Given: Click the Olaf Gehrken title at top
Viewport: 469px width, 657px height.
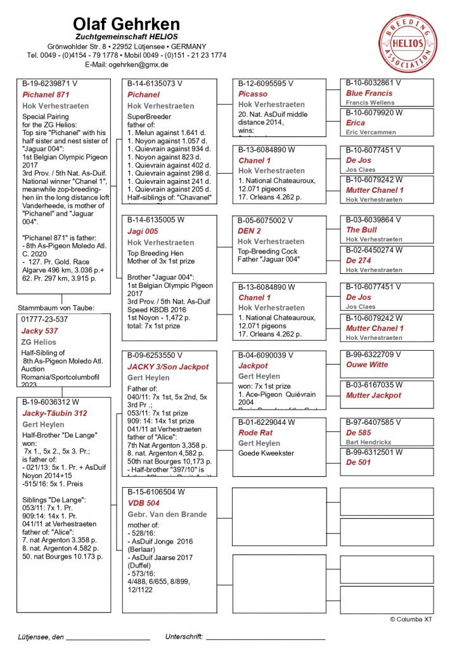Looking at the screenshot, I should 126,24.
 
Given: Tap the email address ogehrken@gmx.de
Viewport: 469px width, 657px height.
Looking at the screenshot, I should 126,64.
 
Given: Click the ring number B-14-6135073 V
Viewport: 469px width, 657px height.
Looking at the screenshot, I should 155,84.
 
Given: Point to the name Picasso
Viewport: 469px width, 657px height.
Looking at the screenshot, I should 253,94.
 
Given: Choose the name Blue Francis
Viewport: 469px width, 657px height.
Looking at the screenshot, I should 369,93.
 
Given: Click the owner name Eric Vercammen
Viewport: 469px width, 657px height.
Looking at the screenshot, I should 371,132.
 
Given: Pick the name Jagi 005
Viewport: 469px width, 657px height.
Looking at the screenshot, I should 143,231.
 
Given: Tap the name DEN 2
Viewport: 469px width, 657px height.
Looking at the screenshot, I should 249,231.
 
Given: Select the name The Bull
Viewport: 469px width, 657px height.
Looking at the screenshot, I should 361,230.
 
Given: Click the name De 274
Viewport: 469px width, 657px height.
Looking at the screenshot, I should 359,260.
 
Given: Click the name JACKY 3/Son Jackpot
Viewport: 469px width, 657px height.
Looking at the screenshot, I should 167,367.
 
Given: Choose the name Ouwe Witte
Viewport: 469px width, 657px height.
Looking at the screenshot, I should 367,365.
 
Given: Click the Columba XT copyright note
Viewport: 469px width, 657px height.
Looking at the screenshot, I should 411,619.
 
